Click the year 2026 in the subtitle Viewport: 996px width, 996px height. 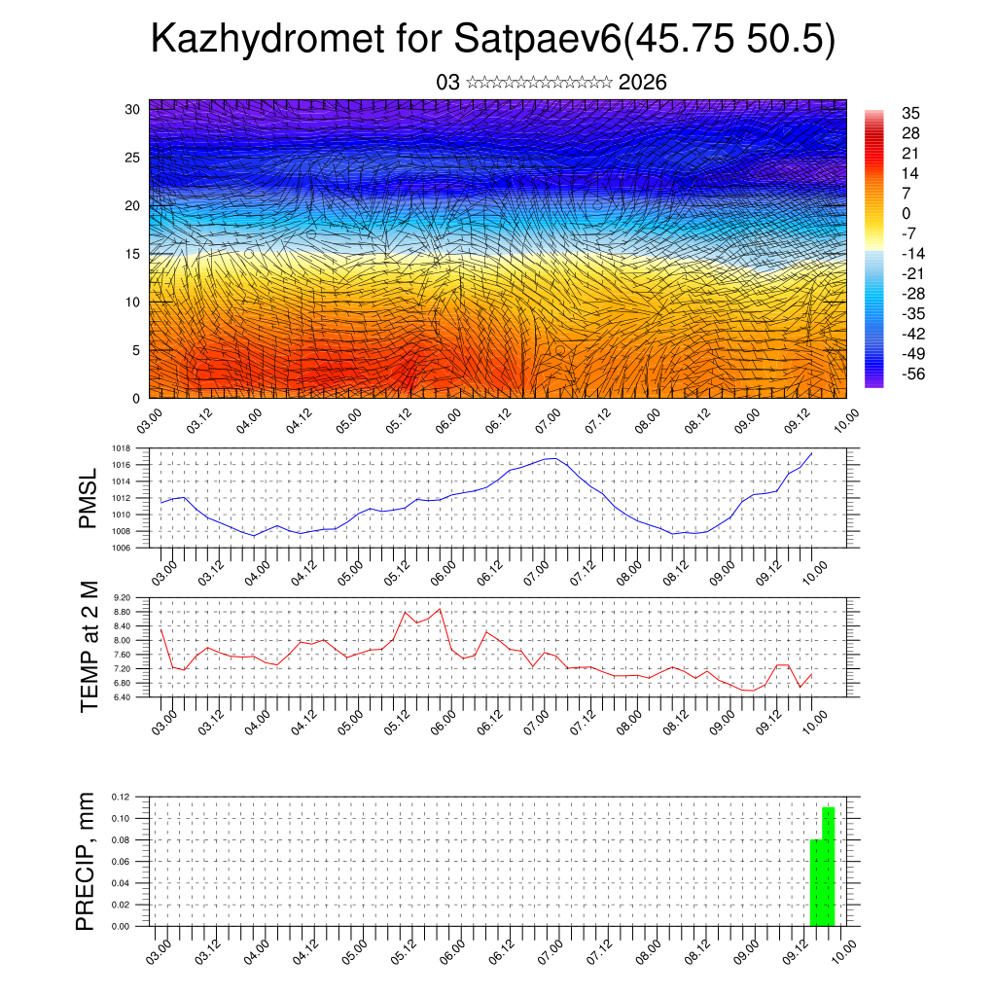click(642, 83)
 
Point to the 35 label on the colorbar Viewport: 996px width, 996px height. click(911, 113)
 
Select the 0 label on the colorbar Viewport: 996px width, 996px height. click(907, 213)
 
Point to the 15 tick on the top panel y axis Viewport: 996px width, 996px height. click(133, 254)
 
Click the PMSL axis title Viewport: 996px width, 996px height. click(88, 498)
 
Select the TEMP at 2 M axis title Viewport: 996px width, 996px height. click(89, 645)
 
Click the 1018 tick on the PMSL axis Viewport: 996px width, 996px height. click(121, 447)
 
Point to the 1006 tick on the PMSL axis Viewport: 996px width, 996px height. click(121, 548)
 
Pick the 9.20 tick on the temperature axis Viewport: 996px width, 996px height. click(121, 597)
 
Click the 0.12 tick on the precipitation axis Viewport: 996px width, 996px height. click(121, 798)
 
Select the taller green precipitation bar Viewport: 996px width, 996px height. click(829, 866)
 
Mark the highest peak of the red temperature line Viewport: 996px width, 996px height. click(441, 609)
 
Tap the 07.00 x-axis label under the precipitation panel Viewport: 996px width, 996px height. click(551, 950)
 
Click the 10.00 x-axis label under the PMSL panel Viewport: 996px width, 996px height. click(815, 570)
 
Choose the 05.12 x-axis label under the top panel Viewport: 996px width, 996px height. click(397, 420)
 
